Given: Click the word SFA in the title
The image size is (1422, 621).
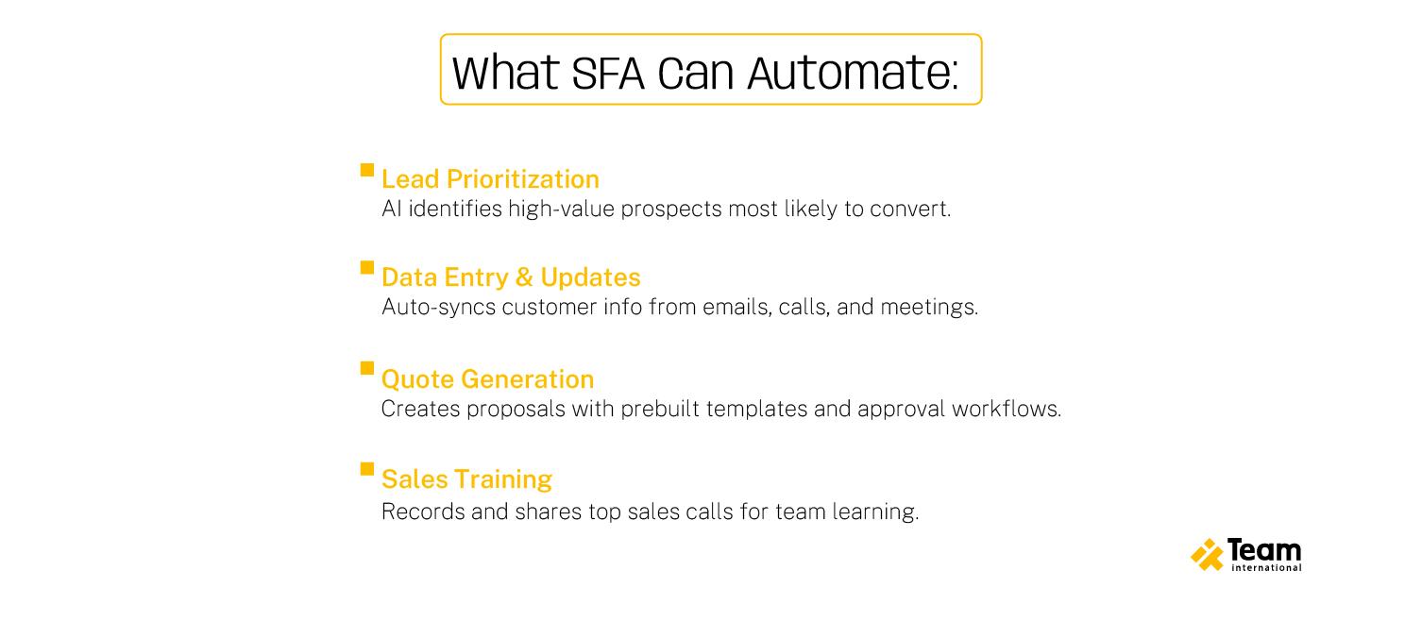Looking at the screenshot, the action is coord(607,73).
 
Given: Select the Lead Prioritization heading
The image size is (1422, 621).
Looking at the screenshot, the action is coord(490,179).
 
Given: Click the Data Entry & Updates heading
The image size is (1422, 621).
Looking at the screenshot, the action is coord(511,277).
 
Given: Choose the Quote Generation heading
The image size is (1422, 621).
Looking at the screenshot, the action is coord(487,379).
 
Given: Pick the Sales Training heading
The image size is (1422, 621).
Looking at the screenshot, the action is coord(466,479).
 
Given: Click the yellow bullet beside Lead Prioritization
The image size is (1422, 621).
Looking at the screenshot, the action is coord(367,169).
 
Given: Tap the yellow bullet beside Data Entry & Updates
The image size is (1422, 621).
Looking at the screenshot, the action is coord(367,267).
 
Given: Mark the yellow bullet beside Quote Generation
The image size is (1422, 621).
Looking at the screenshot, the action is coord(367,368).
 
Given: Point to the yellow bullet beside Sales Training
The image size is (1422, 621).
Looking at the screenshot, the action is coord(367,469).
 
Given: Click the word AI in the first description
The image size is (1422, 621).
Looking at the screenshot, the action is coord(391,209).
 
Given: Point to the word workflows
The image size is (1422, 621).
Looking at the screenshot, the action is coord(1007,410).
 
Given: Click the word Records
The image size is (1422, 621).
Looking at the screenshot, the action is coord(423,512).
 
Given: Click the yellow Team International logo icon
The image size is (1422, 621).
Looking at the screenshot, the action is coord(1207,555).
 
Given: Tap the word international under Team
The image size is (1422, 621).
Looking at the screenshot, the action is coord(1266,568).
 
